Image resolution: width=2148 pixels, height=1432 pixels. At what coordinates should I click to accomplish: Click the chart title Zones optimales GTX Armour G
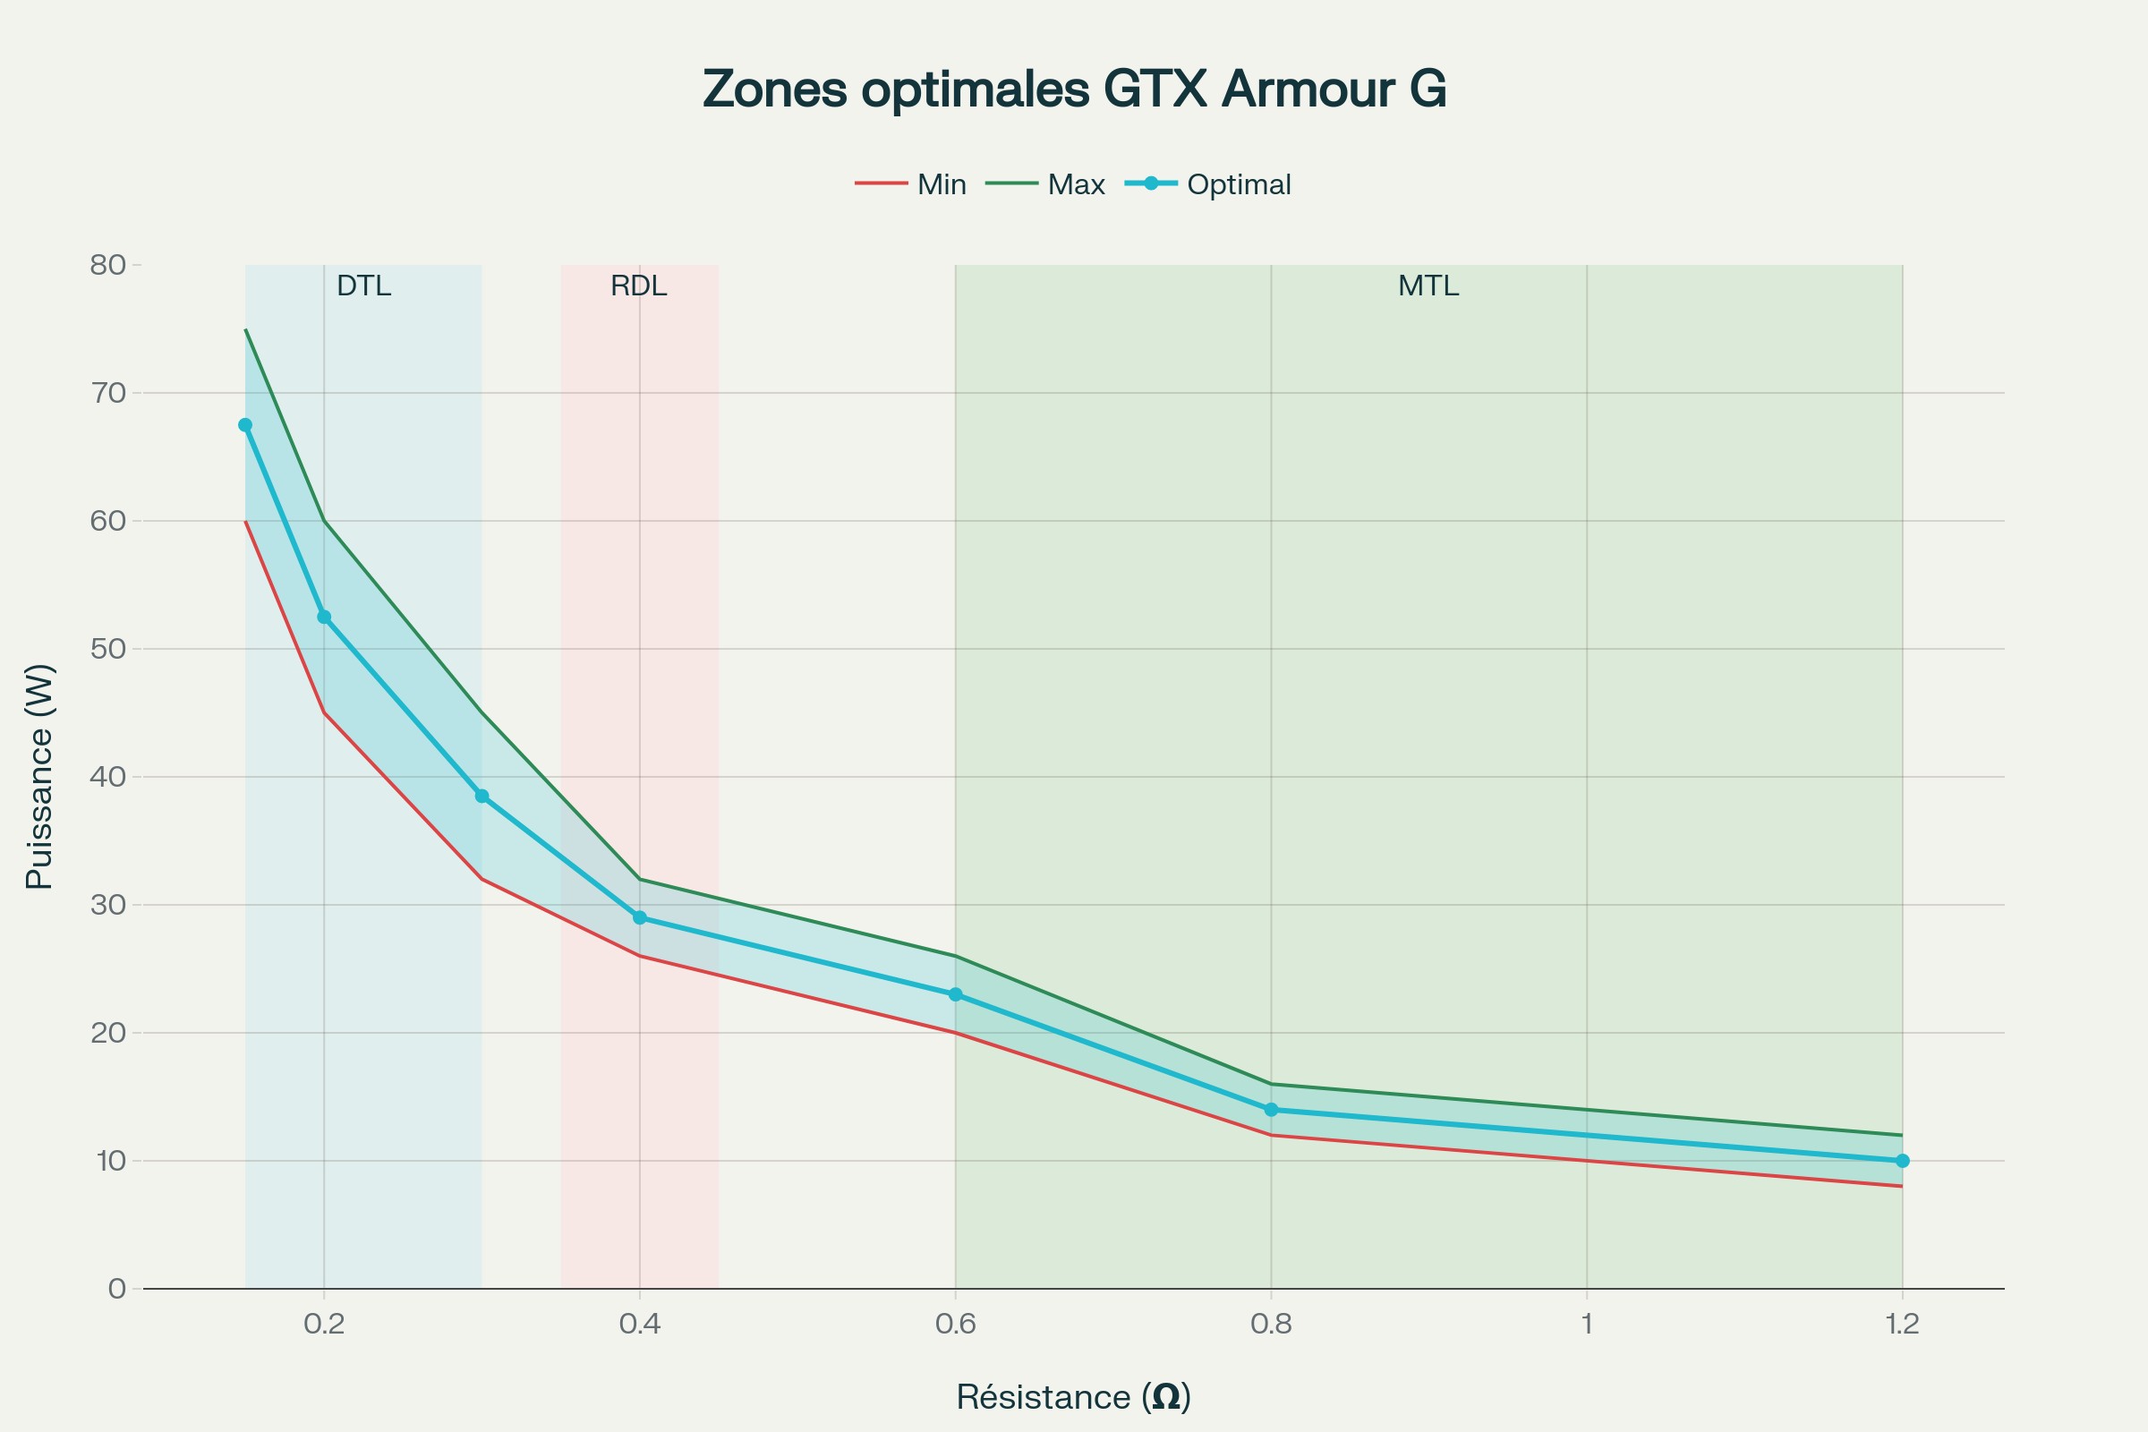coord(1074,89)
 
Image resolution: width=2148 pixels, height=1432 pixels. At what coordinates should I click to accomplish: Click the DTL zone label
coord(363,286)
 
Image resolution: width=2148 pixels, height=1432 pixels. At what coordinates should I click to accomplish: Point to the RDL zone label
coord(638,286)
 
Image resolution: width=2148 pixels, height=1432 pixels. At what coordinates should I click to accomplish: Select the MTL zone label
coord(1428,286)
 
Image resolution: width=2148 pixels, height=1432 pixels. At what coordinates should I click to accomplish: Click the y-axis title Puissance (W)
coord(39,776)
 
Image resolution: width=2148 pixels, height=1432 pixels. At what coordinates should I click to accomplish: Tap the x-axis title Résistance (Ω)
coord(1073,1396)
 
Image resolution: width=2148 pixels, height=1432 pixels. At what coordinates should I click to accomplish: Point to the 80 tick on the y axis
coord(107,265)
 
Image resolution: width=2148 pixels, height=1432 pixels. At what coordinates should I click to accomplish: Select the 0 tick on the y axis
coord(117,1289)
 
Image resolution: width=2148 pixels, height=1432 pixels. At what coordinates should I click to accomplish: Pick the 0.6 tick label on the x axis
coord(955,1324)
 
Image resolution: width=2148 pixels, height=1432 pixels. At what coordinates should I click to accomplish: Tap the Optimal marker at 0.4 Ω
coord(639,918)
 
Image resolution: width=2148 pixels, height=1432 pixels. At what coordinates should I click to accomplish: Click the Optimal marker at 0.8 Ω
coord(1271,1110)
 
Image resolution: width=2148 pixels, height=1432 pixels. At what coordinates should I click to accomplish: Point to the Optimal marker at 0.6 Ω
coord(955,994)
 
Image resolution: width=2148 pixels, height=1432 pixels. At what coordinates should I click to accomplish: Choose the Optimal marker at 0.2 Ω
coord(323,618)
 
